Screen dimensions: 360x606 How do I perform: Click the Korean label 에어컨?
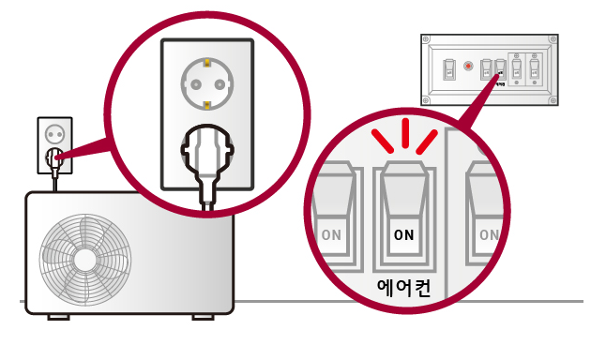coord(402,288)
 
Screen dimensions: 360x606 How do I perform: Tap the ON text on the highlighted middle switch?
coord(403,234)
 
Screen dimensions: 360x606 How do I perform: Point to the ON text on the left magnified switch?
coord(331,234)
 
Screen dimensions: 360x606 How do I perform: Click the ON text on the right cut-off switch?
coord(488,234)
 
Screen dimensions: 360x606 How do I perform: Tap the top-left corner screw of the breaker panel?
coord(426,38)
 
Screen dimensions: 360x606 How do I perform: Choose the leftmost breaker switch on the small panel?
coord(448,68)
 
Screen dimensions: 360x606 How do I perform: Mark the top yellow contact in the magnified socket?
coord(206,61)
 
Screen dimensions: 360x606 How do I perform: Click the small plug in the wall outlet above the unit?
coord(54,157)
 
